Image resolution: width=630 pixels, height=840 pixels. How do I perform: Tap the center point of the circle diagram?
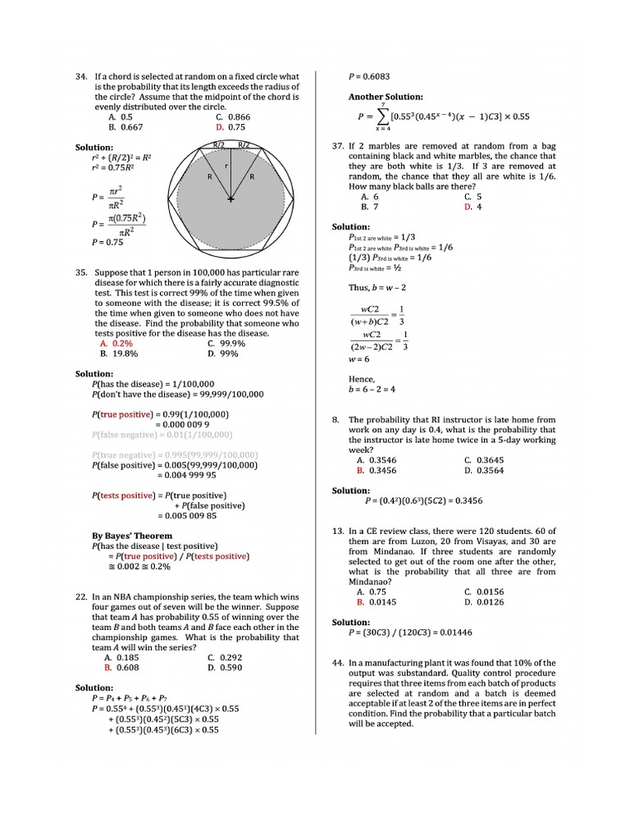tap(231, 199)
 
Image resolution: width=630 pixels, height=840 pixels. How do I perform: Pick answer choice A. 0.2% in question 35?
tap(116, 344)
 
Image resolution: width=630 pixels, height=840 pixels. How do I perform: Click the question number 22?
tap(80, 597)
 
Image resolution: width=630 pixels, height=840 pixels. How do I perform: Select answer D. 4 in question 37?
tap(472, 207)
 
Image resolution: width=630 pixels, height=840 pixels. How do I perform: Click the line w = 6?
tap(359, 358)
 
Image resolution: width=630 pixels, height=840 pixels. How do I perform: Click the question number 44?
tap(337, 662)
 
